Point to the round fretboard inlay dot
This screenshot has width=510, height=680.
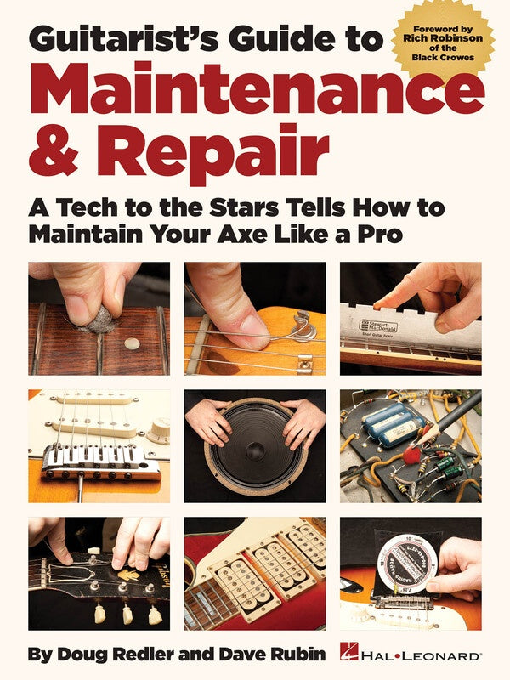click(132, 344)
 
